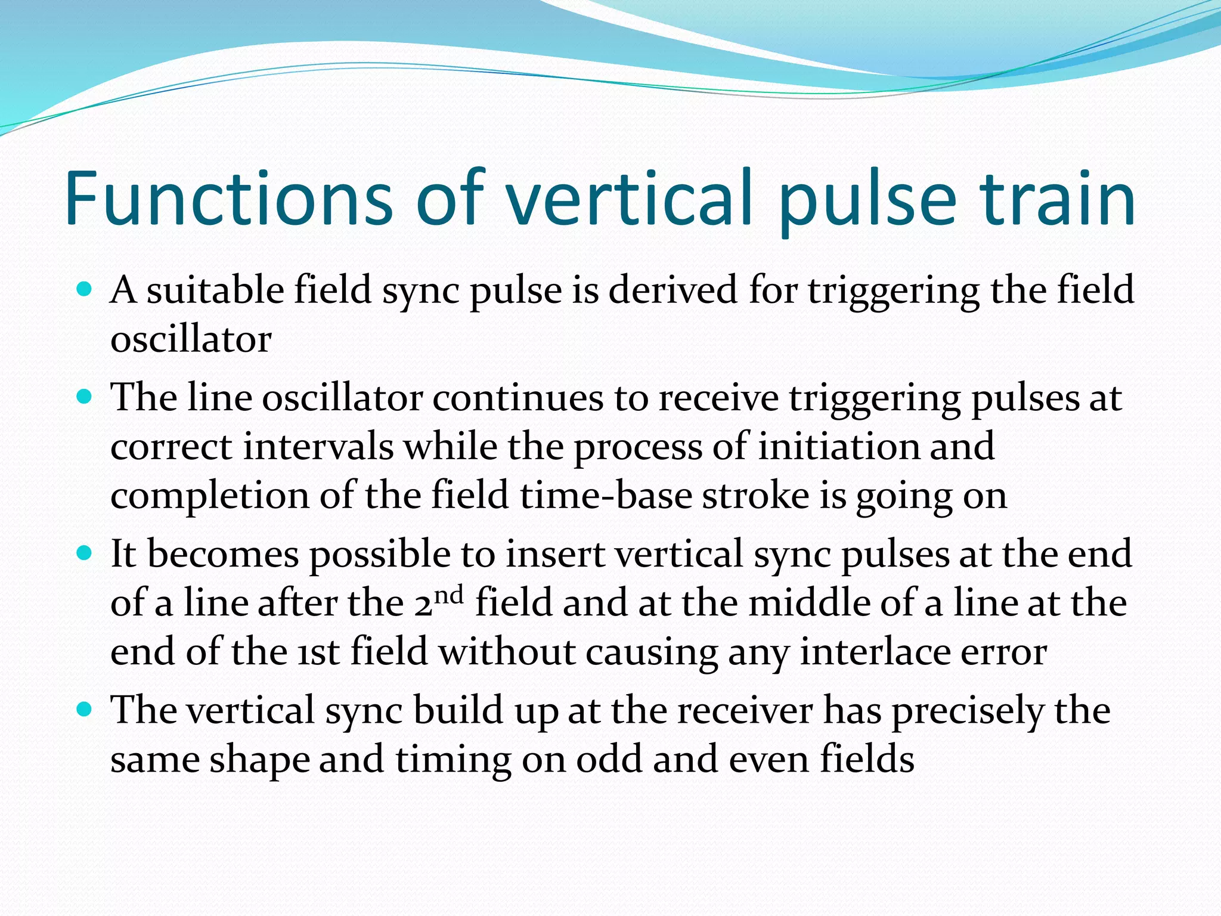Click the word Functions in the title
(x=228, y=198)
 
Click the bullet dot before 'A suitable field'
(x=85, y=290)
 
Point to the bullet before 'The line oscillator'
(x=85, y=397)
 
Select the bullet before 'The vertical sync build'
(x=85, y=710)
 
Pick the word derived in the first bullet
(x=673, y=290)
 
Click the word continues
(x=517, y=398)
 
